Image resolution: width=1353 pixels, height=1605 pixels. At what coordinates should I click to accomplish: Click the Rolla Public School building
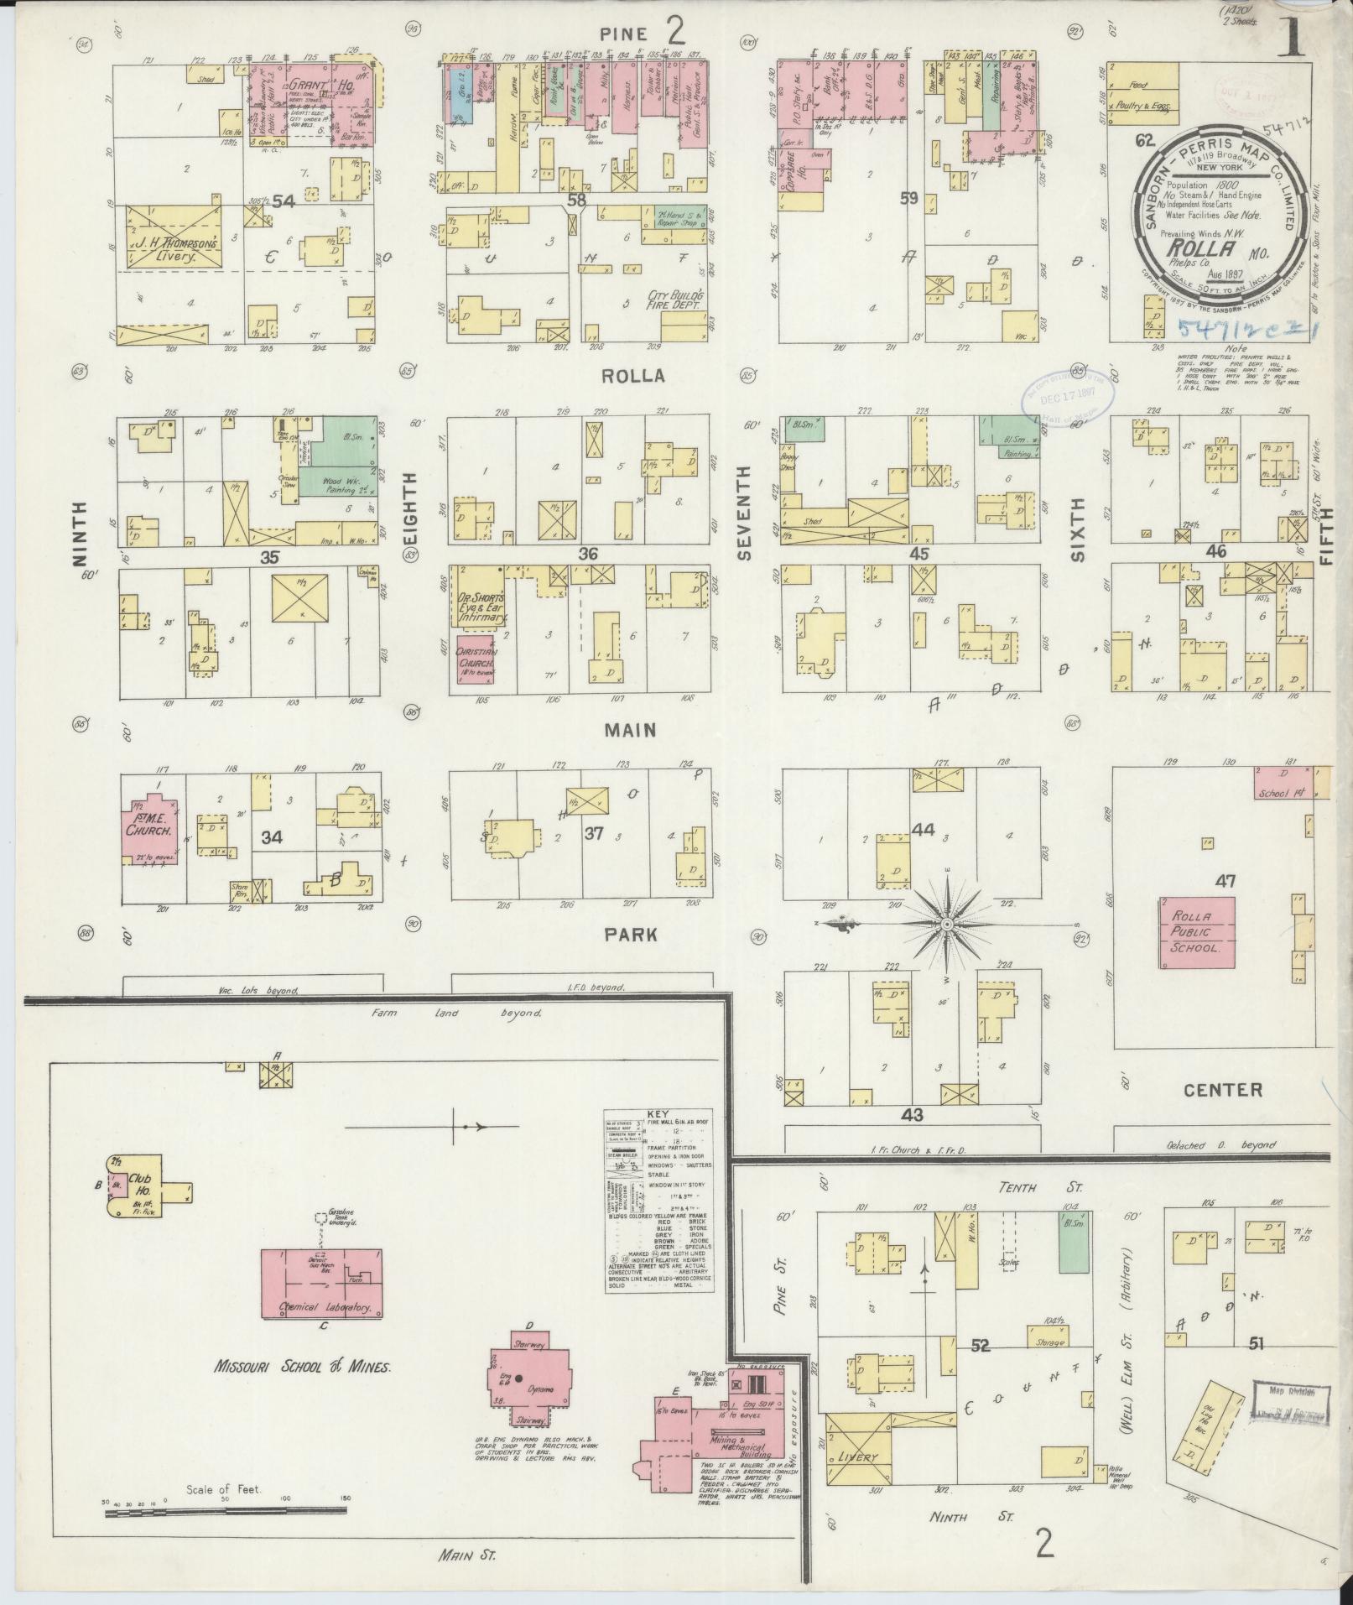pyautogui.click(x=1197, y=934)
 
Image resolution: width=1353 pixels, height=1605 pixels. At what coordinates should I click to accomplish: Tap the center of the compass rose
pyautogui.click(x=946, y=924)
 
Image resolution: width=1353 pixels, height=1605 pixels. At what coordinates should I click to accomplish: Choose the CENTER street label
pyautogui.click(x=1222, y=1090)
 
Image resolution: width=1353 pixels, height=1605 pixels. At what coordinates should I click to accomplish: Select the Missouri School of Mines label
pyautogui.click(x=302, y=1367)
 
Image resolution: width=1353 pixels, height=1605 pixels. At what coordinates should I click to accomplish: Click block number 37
pyautogui.click(x=594, y=833)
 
